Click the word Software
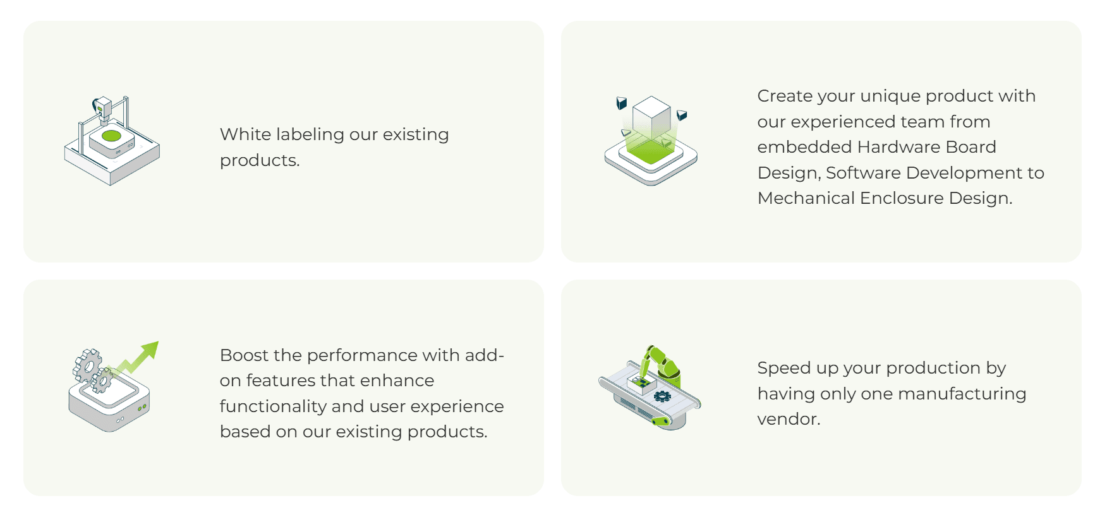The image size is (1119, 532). pos(864,173)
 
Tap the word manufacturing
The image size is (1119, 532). pos(962,394)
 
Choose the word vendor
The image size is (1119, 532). pos(789,419)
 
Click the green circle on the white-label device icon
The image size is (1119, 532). pos(112,136)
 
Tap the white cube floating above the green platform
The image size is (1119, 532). pos(651,117)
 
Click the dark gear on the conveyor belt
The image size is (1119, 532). pos(662,396)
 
